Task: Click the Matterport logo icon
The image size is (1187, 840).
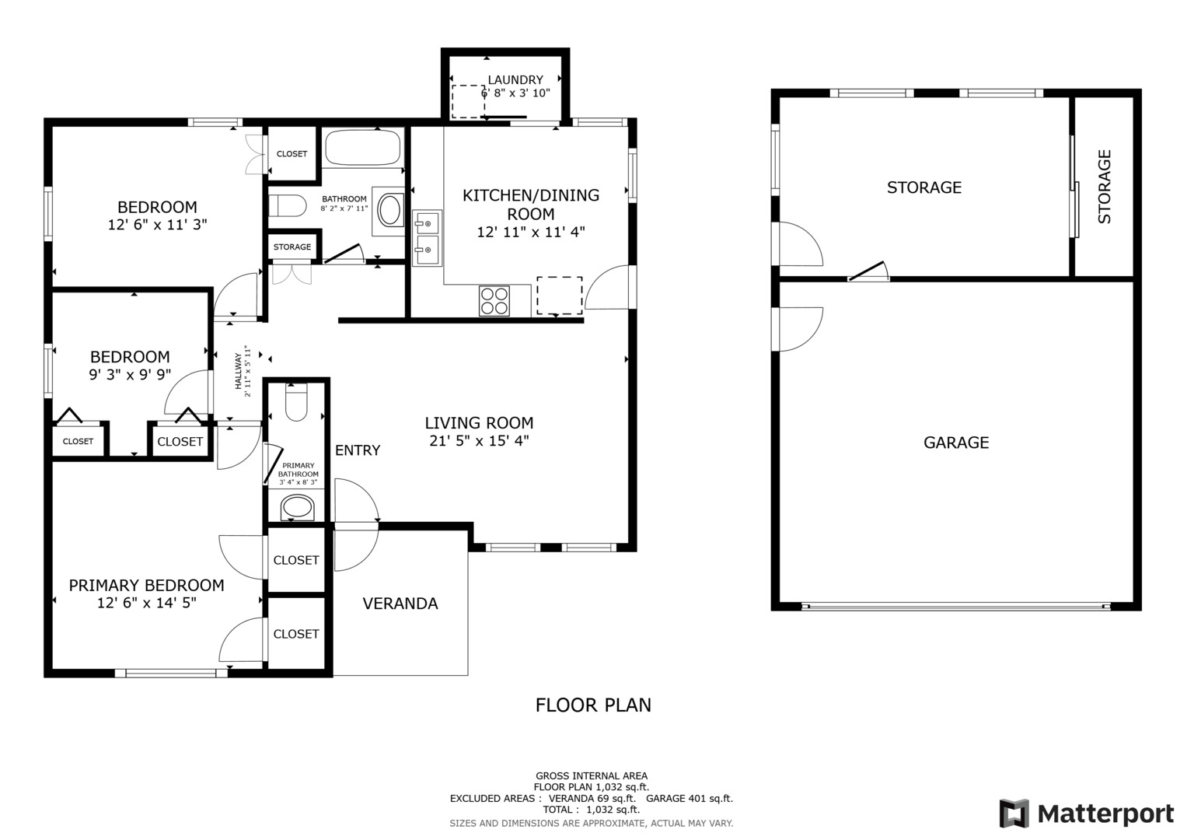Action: (1014, 814)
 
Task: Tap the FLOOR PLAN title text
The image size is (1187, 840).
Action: (593, 705)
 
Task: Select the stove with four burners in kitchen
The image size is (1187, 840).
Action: (494, 301)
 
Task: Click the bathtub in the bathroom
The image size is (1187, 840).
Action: (362, 147)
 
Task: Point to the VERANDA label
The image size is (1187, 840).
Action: (400, 604)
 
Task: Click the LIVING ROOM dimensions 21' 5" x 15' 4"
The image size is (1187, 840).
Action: (479, 441)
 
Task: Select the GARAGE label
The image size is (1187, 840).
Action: (956, 443)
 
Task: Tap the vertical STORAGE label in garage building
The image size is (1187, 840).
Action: (1104, 187)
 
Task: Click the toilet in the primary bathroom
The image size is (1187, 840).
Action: (297, 402)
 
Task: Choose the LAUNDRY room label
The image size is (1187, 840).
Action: (515, 80)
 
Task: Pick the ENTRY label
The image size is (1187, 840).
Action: (358, 450)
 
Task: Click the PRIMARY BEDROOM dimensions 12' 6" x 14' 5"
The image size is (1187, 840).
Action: (147, 603)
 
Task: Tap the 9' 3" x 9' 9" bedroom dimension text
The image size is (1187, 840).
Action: (130, 374)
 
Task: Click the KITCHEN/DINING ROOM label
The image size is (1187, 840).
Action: (531, 205)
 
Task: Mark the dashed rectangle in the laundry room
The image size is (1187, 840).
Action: (468, 102)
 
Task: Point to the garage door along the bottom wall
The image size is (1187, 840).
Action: (956, 606)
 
